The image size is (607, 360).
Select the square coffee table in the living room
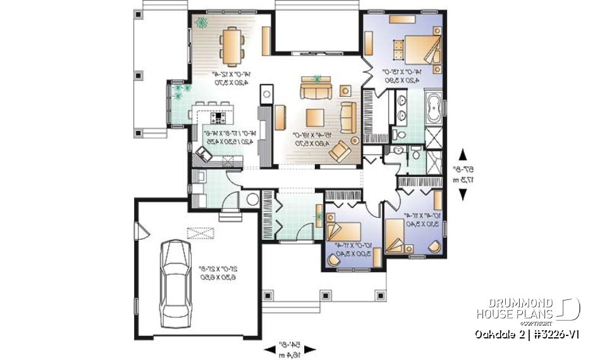coord(316,118)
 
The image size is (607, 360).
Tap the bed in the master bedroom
coord(417,49)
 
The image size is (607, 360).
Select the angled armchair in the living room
coord(341,151)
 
